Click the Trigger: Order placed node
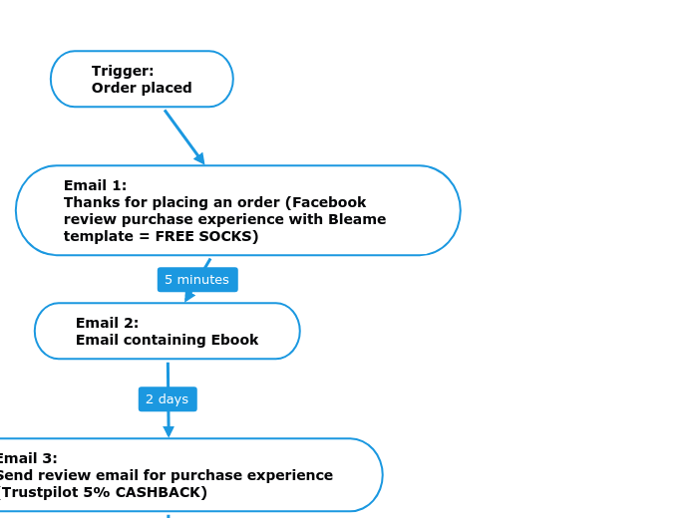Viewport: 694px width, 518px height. point(142,79)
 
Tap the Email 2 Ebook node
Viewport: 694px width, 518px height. point(167,331)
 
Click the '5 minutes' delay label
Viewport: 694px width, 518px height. point(197,280)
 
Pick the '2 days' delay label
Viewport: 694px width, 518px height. point(168,399)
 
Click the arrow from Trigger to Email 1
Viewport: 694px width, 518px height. point(182,134)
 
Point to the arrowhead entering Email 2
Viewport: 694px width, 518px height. point(189,296)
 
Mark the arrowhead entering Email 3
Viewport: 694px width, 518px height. point(169,431)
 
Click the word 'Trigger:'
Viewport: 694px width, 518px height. point(123,71)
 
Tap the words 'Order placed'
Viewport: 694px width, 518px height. point(142,88)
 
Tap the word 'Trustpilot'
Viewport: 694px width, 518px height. point(39,492)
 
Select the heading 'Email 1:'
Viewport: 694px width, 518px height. point(95,185)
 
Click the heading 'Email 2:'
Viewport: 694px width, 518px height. point(107,323)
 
